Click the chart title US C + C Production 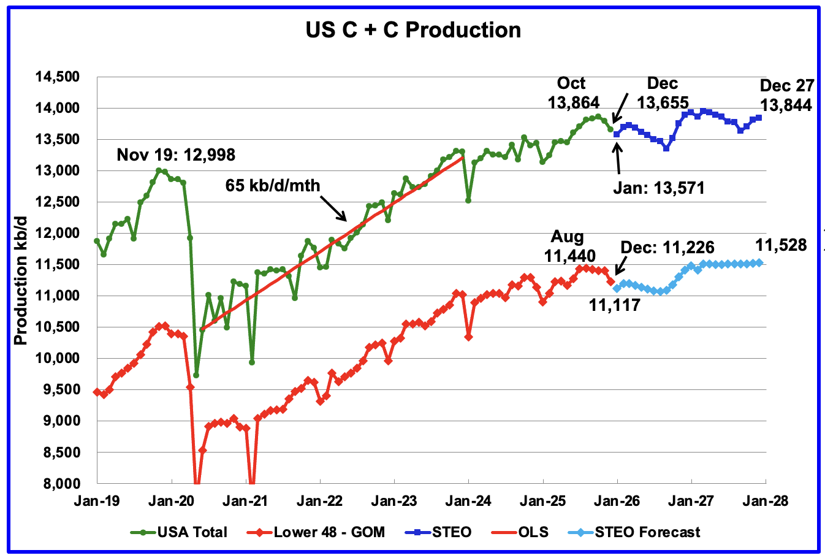pyautogui.click(x=413, y=29)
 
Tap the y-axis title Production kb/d pyautogui.click(x=21, y=280)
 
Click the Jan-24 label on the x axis pyautogui.click(x=468, y=501)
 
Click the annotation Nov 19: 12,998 pyautogui.click(x=176, y=155)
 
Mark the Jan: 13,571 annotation pyautogui.click(x=659, y=188)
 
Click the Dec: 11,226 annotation pyautogui.click(x=667, y=247)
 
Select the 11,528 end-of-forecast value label pyautogui.click(x=781, y=246)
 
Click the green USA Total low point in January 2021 pyautogui.click(x=251, y=362)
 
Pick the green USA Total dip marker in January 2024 pyautogui.click(x=468, y=200)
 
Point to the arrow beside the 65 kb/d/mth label pyautogui.click(x=335, y=208)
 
